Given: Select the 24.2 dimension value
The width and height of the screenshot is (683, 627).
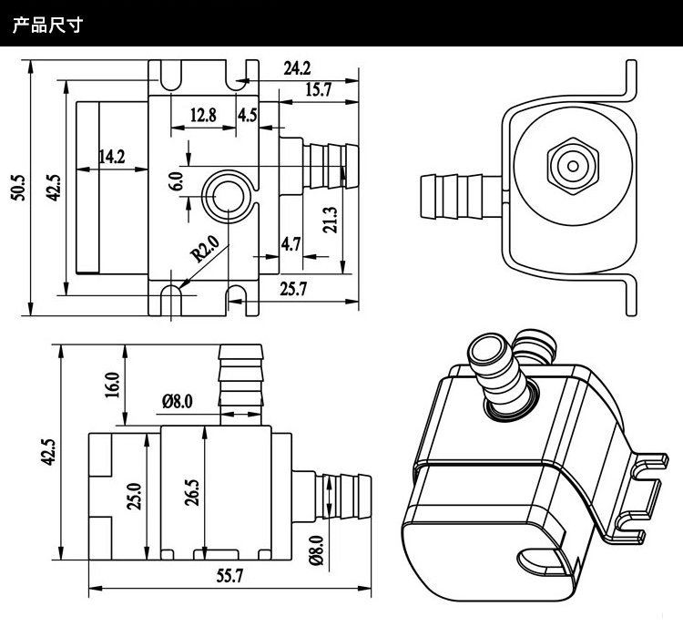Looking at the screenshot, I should (297, 68).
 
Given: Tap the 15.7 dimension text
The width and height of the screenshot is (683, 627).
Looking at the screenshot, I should (317, 88).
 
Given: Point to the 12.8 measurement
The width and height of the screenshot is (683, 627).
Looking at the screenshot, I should (203, 115).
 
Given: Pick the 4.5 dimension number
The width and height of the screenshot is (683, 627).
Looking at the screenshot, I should (247, 115).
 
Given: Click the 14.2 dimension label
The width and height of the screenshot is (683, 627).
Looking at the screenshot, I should (111, 157).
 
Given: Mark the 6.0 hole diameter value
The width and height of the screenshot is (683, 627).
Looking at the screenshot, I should (175, 180).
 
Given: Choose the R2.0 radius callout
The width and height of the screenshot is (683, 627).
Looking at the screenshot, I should (206, 250).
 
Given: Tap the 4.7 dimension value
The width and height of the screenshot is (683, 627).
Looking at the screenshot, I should (291, 243).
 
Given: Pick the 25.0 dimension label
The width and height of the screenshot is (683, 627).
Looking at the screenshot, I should (135, 497).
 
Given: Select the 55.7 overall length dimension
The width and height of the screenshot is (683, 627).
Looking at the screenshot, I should (230, 575).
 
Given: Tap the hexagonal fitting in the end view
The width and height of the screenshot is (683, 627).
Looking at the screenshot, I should (572, 166).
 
